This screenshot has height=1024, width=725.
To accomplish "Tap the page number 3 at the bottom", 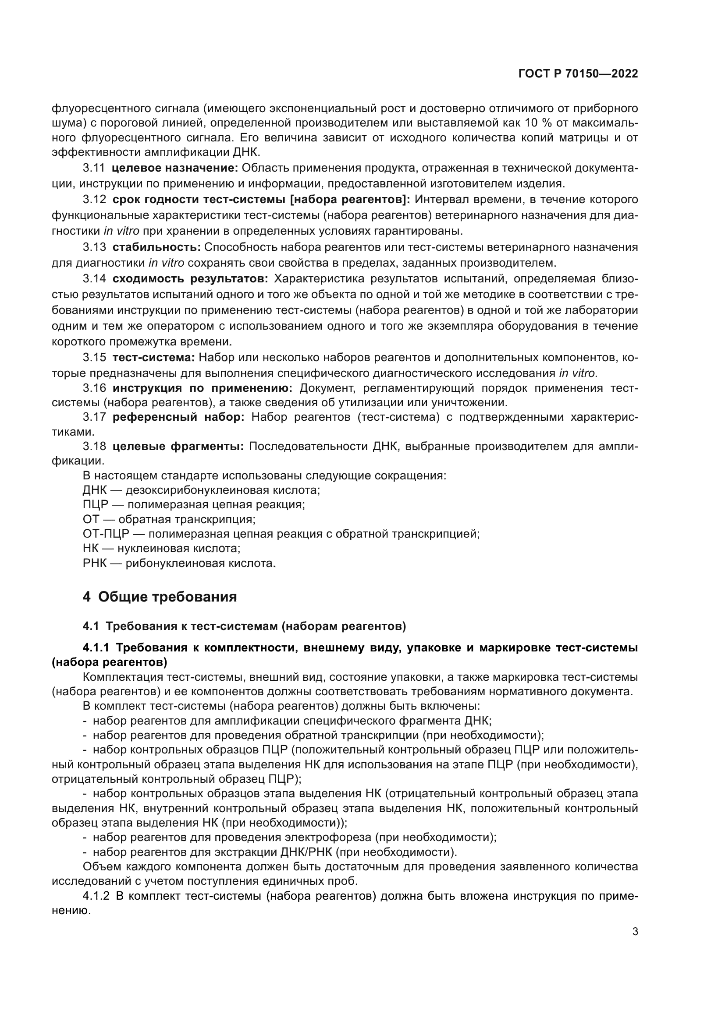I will point(635,931).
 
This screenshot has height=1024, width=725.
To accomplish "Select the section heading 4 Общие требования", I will point(160,597).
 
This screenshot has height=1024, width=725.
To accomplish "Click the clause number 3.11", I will point(94,168).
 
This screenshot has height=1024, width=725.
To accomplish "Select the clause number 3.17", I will point(94,417).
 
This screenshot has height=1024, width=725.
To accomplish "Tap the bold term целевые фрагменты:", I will point(178,447).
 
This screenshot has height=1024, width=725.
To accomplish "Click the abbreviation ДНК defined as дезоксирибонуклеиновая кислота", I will point(95,490).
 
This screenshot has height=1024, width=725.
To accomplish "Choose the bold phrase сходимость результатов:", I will point(190,279).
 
